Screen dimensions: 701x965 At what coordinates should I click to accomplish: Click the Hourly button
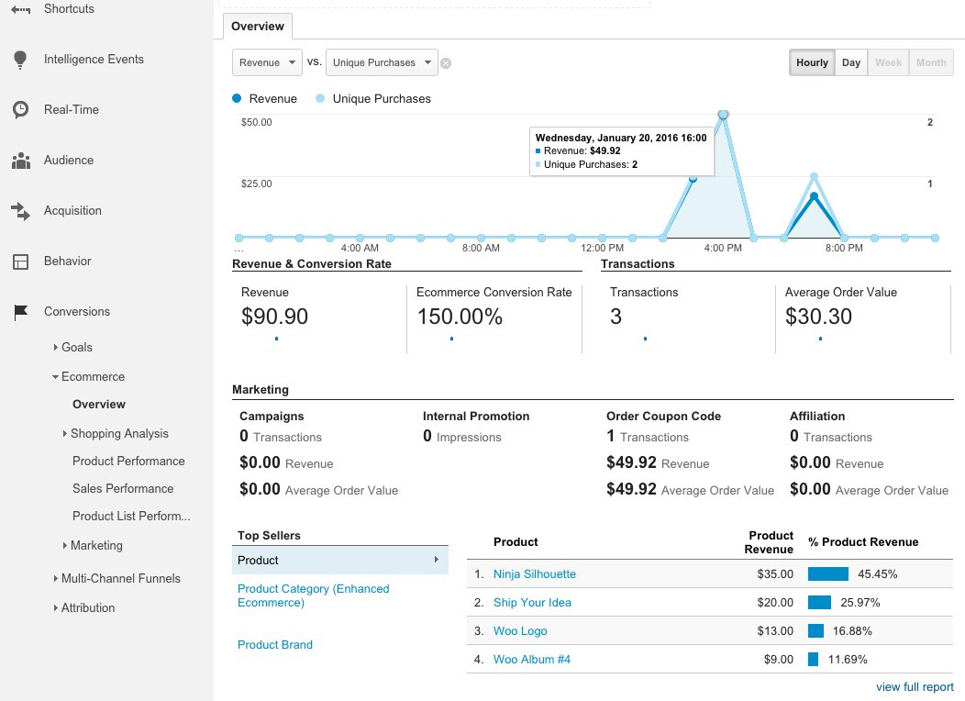812,62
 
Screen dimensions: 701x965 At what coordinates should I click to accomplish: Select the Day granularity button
851,62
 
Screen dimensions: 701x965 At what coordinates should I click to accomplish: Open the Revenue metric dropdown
267,62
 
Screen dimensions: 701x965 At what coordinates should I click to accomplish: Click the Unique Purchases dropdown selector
382,62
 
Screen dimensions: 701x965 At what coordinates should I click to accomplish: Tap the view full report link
915,686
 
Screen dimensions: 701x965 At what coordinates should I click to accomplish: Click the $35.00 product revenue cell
774,574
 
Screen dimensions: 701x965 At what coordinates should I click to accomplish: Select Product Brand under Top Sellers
275,645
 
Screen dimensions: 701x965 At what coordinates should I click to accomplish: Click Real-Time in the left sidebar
72,110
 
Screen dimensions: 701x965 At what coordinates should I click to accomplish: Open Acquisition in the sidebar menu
72,211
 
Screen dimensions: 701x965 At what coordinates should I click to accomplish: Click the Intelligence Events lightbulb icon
20,60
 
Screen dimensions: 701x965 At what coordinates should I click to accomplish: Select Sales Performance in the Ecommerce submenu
123,489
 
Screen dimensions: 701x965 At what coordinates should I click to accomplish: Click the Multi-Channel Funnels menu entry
121,579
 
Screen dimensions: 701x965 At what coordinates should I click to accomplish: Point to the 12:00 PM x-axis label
603,248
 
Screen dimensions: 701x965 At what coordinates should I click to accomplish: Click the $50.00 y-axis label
257,122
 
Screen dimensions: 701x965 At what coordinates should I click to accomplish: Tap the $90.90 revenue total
275,317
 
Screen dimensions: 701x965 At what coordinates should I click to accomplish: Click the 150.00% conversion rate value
460,317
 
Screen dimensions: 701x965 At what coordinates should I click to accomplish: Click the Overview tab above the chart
258,27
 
